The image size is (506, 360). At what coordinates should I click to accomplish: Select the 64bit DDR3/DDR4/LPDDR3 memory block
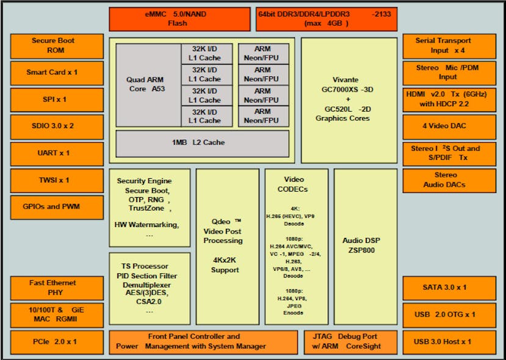point(326,19)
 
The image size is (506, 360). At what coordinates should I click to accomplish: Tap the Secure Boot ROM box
point(53,46)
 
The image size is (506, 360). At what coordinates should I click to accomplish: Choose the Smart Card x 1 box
point(53,73)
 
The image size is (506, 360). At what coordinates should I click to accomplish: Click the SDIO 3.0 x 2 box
point(53,126)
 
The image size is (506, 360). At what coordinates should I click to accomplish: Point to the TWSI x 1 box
point(53,180)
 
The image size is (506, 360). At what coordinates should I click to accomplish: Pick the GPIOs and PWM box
point(53,207)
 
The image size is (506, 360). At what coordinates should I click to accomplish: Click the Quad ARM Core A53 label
point(145,84)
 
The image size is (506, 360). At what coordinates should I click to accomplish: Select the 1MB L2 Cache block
point(202,143)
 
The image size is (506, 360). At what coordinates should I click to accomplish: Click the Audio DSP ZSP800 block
point(366,246)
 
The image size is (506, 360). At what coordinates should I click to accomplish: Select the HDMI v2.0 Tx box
point(449,99)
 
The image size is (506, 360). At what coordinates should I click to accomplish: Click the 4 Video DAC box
point(449,126)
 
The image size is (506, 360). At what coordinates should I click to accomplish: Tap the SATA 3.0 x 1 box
point(449,287)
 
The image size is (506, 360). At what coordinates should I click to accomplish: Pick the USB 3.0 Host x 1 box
point(449,342)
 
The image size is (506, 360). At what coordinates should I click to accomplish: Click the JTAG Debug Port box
point(349,342)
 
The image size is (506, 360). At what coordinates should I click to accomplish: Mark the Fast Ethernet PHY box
point(53,287)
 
